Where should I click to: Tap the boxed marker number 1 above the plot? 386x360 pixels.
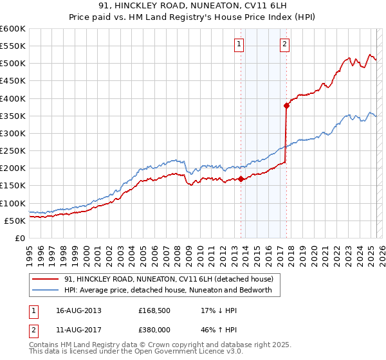coord(239,44)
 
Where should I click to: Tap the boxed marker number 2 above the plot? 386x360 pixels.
coord(284,44)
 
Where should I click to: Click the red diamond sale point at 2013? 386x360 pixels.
coord(241,179)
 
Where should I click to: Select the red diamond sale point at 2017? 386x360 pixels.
coord(286,105)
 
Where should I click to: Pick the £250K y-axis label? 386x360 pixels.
coord(13,151)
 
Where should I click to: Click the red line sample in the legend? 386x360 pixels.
coord(47,279)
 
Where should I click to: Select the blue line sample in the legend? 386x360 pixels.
coord(47,290)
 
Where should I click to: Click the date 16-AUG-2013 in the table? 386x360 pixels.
coord(74,310)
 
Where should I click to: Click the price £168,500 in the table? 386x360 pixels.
coord(155,310)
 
